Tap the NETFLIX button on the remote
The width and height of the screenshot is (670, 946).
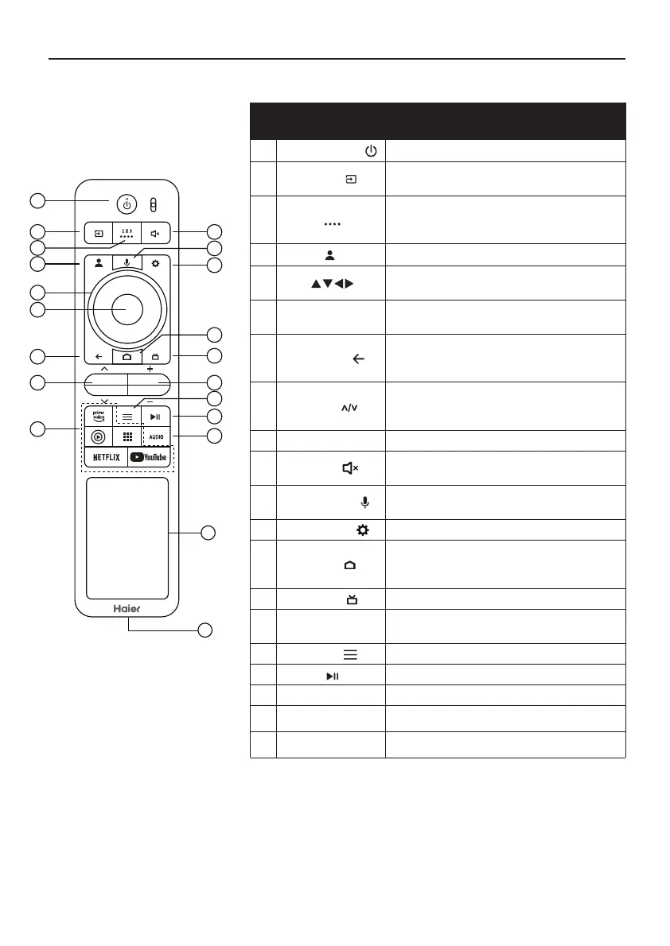tap(106, 457)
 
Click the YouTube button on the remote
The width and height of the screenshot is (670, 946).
tap(149, 457)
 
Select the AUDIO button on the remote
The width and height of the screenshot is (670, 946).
tap(155, 436)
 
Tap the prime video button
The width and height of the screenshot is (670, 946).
tap(99, 416)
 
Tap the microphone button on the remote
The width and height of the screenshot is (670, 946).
tap(127, 261)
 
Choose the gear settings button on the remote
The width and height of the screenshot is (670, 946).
tap(155, 261)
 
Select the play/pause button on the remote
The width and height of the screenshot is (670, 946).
tap(155, 416)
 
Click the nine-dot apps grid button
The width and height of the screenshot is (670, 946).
tap(127, 436)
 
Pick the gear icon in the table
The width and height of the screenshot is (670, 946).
tap(363, 530)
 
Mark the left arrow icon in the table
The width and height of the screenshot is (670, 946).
tap(358, 359)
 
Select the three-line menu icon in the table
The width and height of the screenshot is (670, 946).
tap(350, 653)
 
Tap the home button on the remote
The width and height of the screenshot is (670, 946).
tap(127, 357)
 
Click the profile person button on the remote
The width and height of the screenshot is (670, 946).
tap(99, 261)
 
